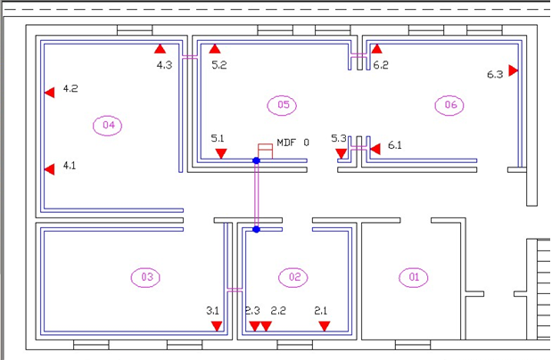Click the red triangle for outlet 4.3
pyautogui.click(x=161, y=49)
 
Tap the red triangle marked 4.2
pyautogui.click(x=50, y=93)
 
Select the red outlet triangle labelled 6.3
pyautogui.click(x=514, y=70)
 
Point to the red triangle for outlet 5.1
pyautogui.click(x=221, y=153)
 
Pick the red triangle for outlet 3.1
pyautogui.click(x=217, y=326)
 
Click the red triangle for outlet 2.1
pyautogui.click(x=325, y=326)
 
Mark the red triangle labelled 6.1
pyautogui.click(x=375, y=149)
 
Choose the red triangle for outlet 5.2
pyautogui.click(x=215, y=49)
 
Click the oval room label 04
pyautogui.click(x=107, y=126)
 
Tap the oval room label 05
pyautogui.click(x=282, y=105)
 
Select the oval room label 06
pyautogui.click(x=449, y=105)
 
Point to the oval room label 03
pyautogui.click(x=145, y=278)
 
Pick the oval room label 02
pyautogui.click(x=293, y=278)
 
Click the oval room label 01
pyautogui.click(x=414, y=278)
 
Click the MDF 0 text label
pyautogui.click(x=292, y=143)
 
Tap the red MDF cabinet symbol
pyautogui.click(x=265, y=151)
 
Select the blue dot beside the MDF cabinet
pyautogui.click(x=256, y=160)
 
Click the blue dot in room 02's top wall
pyautogui.click(x=256, y=229)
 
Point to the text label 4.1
pyautogui.click(x=70, y=166)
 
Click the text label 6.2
pyautogui.click(x=381, y=65)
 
